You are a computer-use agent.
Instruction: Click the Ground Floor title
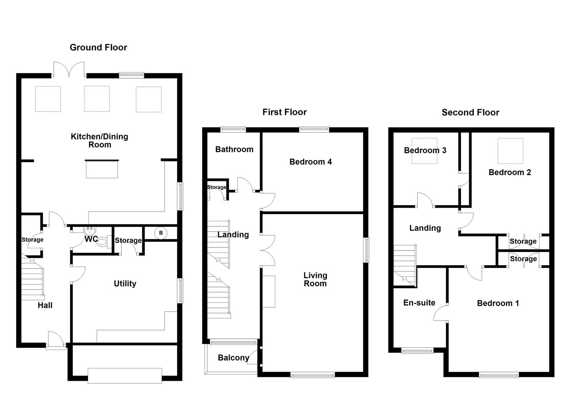(x=98, y=47)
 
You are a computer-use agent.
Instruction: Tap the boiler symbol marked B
(x=161, y=233)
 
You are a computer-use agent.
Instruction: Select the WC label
(x=91, y=239)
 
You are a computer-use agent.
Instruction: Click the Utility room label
(x=125, y=284)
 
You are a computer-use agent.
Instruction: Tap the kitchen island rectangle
(x=102, y=170)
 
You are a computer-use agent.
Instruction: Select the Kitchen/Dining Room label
(x=100, y=141)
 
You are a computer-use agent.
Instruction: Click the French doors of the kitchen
(x=69, y=69)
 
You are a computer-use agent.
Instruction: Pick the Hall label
(x=45, y=305)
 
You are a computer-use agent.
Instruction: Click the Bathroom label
(x=234, y=149)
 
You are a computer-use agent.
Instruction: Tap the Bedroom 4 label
(x=310, y=162)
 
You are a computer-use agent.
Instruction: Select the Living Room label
(x=315, y=279)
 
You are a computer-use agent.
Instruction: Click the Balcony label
(x=233, y=358)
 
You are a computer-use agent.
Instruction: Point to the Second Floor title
(x=470, y=112)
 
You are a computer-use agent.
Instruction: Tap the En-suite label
(x=420, y=303)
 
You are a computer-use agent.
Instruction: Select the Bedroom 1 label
(x=498, y=303)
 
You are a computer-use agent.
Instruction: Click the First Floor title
(x=285, y=112)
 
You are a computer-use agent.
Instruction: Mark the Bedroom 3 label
(x=425, y=150)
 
